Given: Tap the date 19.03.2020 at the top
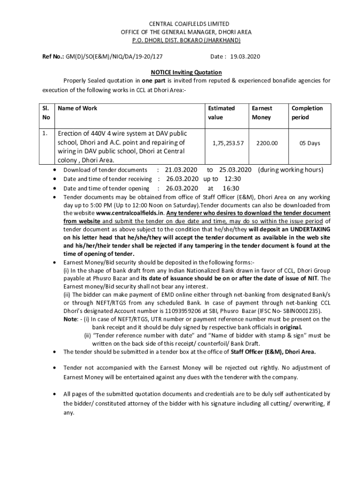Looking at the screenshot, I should [245, 57].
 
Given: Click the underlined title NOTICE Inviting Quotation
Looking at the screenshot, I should [186, 73].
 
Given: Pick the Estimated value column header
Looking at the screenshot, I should [222, 113].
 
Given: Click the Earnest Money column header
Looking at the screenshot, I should [262, 113].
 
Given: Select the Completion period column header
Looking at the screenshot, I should [307, 113].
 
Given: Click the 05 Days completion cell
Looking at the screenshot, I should [310, 143].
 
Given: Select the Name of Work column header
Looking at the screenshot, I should [77, 109].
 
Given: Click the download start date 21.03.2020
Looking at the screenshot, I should [181, 170].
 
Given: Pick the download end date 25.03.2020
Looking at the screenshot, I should [236, 170].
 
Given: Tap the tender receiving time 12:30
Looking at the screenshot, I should [232, 179].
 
